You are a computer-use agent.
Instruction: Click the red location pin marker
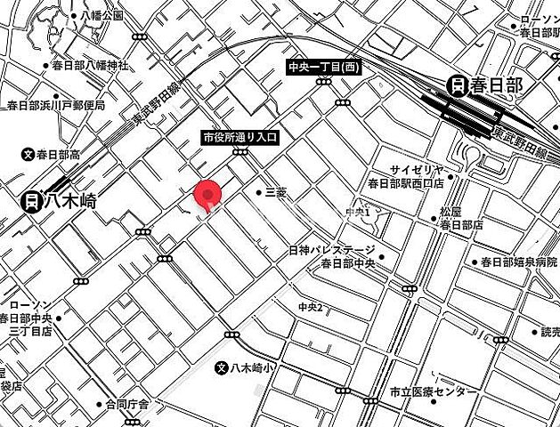click(207, 193)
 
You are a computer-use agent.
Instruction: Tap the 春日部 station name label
click(498, 85)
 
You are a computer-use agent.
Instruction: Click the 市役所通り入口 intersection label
click(240, 138)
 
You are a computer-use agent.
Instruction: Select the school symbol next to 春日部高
click(28, 155)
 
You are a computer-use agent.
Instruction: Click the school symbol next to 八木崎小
click(223, 367)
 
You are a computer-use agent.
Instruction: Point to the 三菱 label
click(276, 192)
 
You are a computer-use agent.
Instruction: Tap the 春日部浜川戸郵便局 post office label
click(55, 105)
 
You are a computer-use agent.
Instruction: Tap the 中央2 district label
click(310, 308)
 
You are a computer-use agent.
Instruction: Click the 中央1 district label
click(357, 212)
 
